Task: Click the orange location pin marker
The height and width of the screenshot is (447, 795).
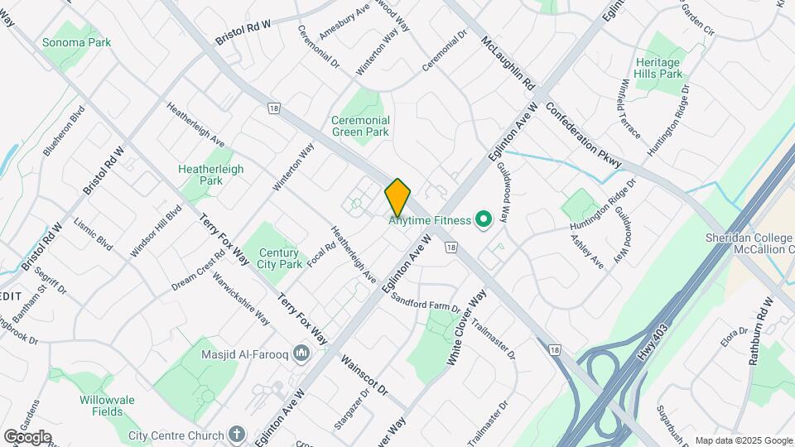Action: point(397,197)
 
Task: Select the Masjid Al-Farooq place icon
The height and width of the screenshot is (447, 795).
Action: point(301,354)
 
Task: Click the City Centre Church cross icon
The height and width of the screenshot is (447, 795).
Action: point(238,435)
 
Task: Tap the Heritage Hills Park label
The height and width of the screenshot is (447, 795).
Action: point(658,68)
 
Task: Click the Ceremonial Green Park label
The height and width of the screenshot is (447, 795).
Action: point(360,126)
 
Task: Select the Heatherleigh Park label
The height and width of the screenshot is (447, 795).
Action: point(211,174)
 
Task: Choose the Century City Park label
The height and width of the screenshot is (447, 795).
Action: point(280,258)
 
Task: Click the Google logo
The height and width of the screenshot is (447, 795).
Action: point(27,436)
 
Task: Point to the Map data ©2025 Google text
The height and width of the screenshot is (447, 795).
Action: point(744,440)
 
